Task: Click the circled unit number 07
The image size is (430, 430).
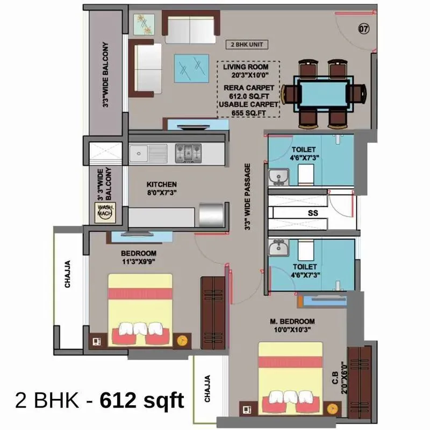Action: pyautogui.click(x=363, y=28)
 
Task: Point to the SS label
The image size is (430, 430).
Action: pyautogui.click(x=312, y=213)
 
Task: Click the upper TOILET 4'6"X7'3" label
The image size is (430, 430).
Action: pyautogui.click(x=304, y=154)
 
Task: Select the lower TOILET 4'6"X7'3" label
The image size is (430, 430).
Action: pyautogui.click(x=304, y=270)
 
